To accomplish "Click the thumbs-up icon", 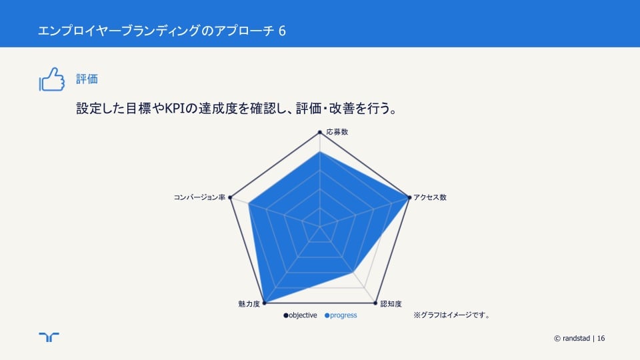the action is pyautogui.click(x=52, y=79).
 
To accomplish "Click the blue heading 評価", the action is pyautogui.click(x=87, y=79).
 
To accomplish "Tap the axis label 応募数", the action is pyautogui.click(x=337, y=132).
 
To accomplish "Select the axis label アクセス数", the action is pyautogui.click(x=430, y=197).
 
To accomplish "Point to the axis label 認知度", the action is pyautogui.click(x=391, y=304).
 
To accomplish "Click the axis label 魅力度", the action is pyautogui.click(x=249, y=304).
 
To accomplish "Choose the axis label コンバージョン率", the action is pyautogui.click(x=199, y=197).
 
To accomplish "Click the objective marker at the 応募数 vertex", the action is pyautogui.click(x=320, y=132).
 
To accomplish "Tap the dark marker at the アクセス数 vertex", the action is pyautogui.click(x=409, y=197).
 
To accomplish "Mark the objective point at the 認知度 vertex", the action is pyautogui.click(x=375, y=303).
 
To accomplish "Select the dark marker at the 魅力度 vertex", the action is pyautogui.click(x=264, y=303).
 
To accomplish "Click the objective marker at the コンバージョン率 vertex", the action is pyautogui.click(x=230, y=197).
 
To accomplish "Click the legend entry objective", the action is pyautogui.click(x=301, y=315).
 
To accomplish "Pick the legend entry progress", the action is pyautogui.click(x=341, y=315).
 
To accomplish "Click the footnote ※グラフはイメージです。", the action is pyautogui.click(x=452, y=315).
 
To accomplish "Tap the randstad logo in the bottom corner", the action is pyautogui.click(x=49, y=337).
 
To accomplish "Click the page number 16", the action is pyautogui.click(x=601, y=339).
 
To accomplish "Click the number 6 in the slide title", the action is pyautogui.click(x=282, y=31).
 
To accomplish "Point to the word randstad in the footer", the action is pyautogui.click(x=576, y=339).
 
